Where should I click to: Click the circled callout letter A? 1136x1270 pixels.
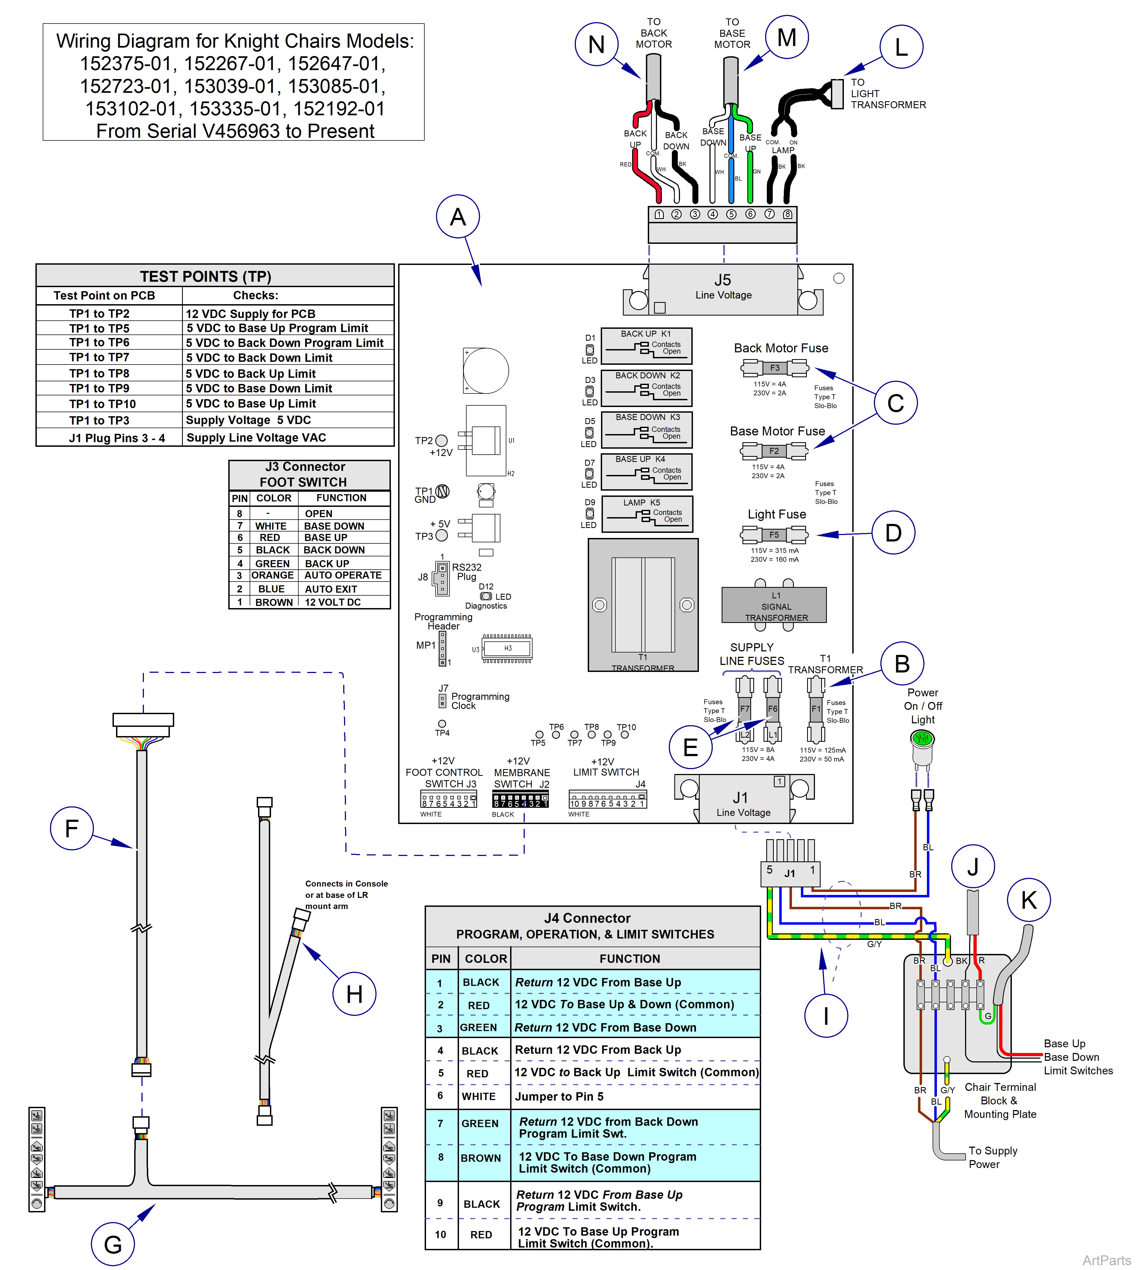tap(458, 217)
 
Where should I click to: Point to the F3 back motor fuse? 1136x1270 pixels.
tap(774, 368)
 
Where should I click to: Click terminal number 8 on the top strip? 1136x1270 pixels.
tap(788, 214)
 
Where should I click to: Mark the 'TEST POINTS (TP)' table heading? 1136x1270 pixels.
tap(205, 276)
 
